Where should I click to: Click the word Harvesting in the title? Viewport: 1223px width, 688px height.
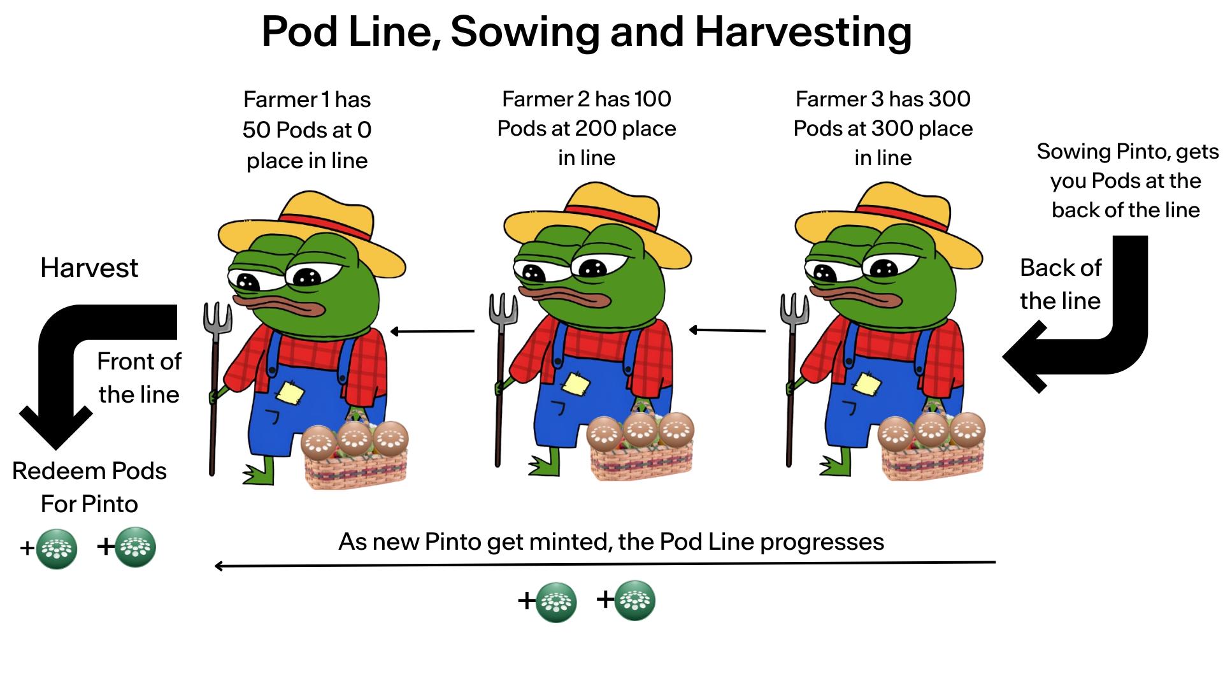click(x=803, y=32)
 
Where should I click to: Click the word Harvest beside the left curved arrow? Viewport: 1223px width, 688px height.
click(x=89, y=268)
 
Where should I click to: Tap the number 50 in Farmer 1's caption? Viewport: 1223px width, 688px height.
click(x=257, y=130)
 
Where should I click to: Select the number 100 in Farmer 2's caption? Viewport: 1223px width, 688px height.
click(x=652, y=99)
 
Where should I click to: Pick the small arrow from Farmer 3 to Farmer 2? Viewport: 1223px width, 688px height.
click(x=727, y=330)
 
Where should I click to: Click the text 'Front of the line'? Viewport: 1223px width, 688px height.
click(x=139, y=378)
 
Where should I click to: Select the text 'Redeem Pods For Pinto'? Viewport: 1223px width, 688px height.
click(x=89, y=487)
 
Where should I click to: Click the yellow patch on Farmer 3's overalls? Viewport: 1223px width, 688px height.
click(x=866, y=384)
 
